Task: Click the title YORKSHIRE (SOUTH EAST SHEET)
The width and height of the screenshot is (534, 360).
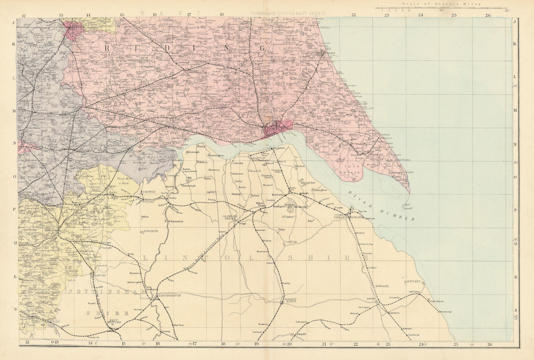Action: coord(288,13)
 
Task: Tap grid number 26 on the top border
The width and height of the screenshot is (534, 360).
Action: coord(488,15)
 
